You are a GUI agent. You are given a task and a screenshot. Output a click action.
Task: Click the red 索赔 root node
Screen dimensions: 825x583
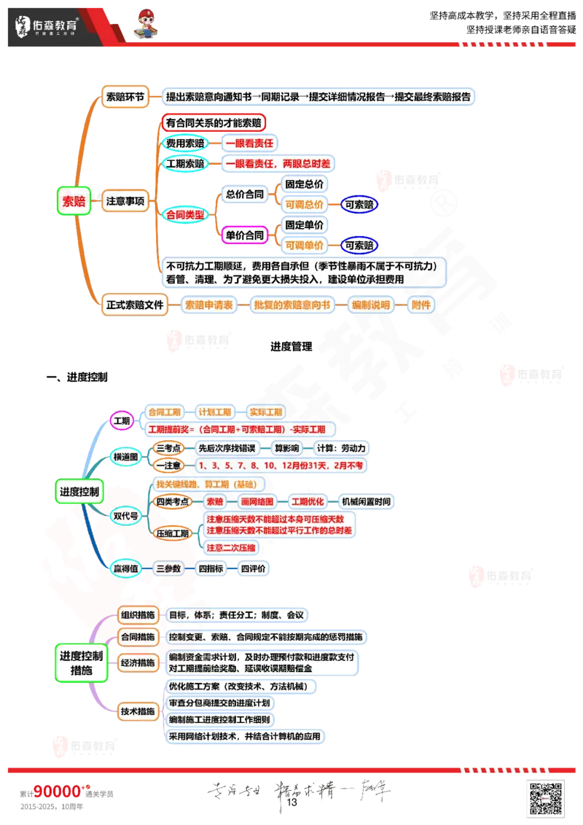tap(73, 202)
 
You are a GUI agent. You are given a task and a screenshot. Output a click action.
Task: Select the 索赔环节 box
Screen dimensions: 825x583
tap(125, 97)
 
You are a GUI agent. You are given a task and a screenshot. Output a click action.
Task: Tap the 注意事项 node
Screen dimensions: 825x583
tap(125, 201)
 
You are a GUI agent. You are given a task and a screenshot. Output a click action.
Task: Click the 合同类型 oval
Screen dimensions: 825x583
tap(184, 214)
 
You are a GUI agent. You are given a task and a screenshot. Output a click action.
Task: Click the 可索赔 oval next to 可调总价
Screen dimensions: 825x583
tap(360, 205)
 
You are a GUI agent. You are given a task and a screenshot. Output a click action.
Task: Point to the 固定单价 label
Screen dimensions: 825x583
tap(304, 225)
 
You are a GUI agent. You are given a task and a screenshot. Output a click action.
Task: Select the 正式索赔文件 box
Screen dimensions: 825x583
tap(135, 305)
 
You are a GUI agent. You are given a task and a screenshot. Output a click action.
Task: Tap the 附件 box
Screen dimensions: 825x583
tap(421, 305)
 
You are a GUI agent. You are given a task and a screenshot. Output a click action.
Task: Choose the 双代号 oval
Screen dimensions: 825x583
tap(125, 515)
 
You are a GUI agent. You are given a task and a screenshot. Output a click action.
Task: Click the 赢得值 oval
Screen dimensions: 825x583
tap(125, 568)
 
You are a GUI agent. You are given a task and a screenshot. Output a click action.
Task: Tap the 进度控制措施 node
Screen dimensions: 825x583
tap(80, 662)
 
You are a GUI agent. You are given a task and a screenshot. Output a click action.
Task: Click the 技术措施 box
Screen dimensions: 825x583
tap(137, 711)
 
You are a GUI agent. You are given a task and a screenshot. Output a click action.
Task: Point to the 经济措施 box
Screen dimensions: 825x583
tap(137, 662)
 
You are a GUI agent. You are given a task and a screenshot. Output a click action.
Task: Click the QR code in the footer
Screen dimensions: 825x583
tap(544, 797)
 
